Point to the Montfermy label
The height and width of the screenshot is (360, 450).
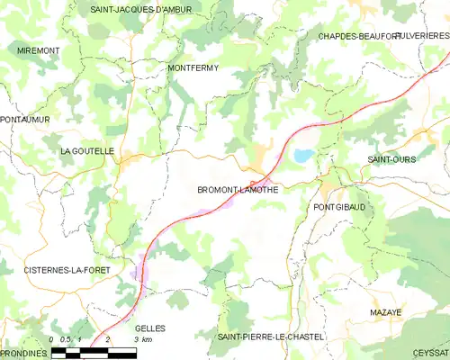click(x=193, y=67)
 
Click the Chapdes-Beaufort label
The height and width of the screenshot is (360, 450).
click(x=358, y=36)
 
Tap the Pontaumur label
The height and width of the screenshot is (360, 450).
click(x=25, y=119)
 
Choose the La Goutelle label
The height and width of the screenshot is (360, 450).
click(x=87, y=151)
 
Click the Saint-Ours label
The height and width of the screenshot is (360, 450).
click(x=390, y=159)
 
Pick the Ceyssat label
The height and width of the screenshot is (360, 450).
click(x=430, y=354)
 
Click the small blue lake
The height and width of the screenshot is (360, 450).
click(x=301, y=156)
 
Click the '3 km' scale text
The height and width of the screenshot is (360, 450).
click(x=143, y=339)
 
